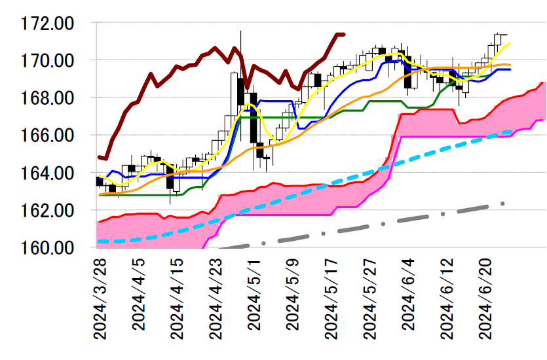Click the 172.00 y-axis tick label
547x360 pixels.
tap(47, 24)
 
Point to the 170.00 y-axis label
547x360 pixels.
tap(47, 61)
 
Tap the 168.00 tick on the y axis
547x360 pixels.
tap(47, 98)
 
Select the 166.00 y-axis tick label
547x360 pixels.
tap(47, 135)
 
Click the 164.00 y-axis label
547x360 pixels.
tap(47, 173)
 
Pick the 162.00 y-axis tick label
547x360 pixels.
tap(47, 211)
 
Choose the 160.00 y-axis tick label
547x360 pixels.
tap(47, 248)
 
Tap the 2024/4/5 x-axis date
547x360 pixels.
tap(138, 298)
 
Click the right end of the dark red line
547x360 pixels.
tap(344, 34)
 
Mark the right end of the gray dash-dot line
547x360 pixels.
tap(503, 204)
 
